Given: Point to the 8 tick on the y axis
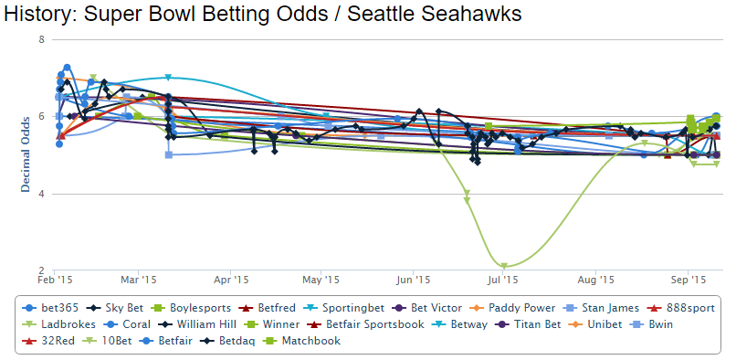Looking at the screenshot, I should [41, 40].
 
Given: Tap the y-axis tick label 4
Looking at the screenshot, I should [41, 195].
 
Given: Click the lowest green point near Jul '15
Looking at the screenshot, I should [504, 267].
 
